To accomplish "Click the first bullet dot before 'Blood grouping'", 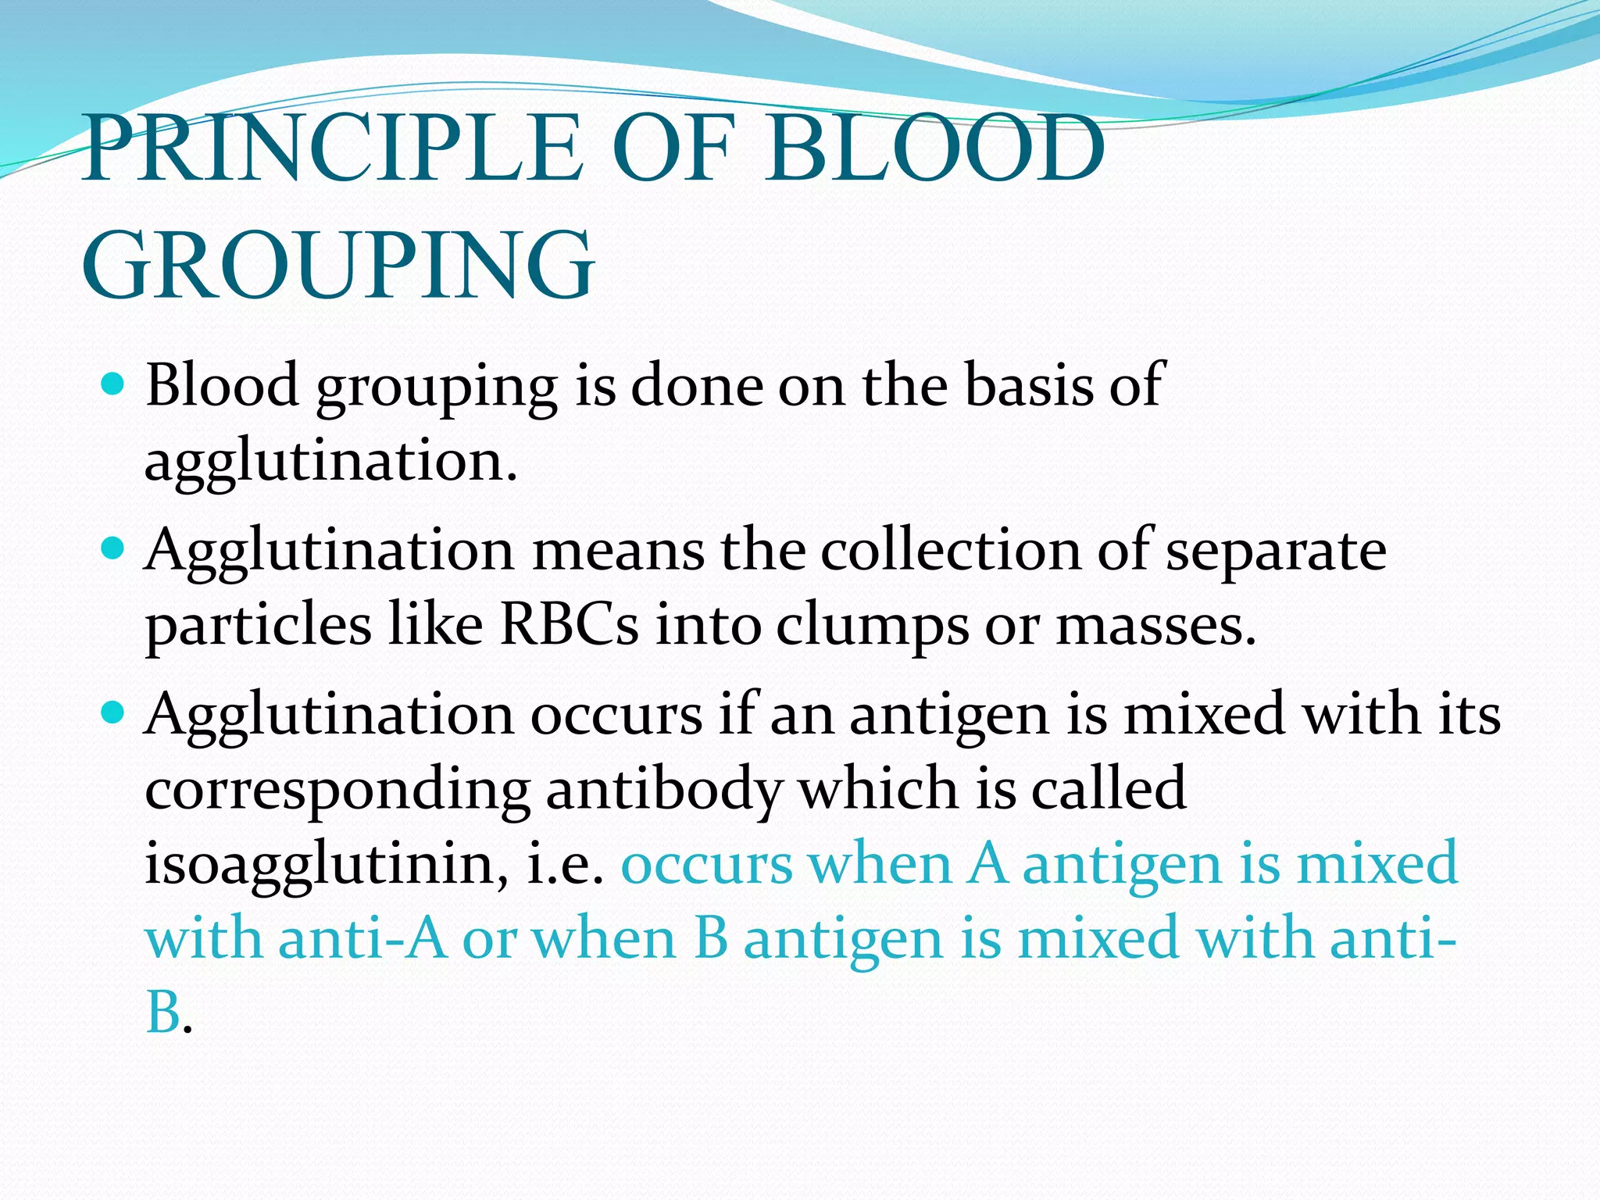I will (x=114, y=384).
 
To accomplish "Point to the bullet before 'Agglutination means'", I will (x=114, y=549).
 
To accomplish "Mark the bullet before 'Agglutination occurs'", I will (x=114, y=712).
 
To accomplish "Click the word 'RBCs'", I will (x=569, y=625).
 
